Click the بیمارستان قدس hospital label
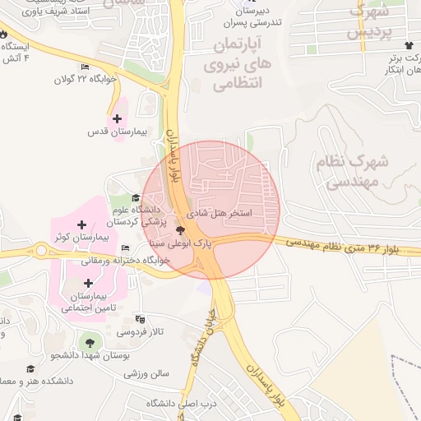118,132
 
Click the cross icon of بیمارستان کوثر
81,224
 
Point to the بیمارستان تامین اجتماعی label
88,301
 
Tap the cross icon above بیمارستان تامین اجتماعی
89,284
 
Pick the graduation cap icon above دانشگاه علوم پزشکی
136,197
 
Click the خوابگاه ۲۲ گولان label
81,79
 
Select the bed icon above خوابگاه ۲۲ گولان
85,67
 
